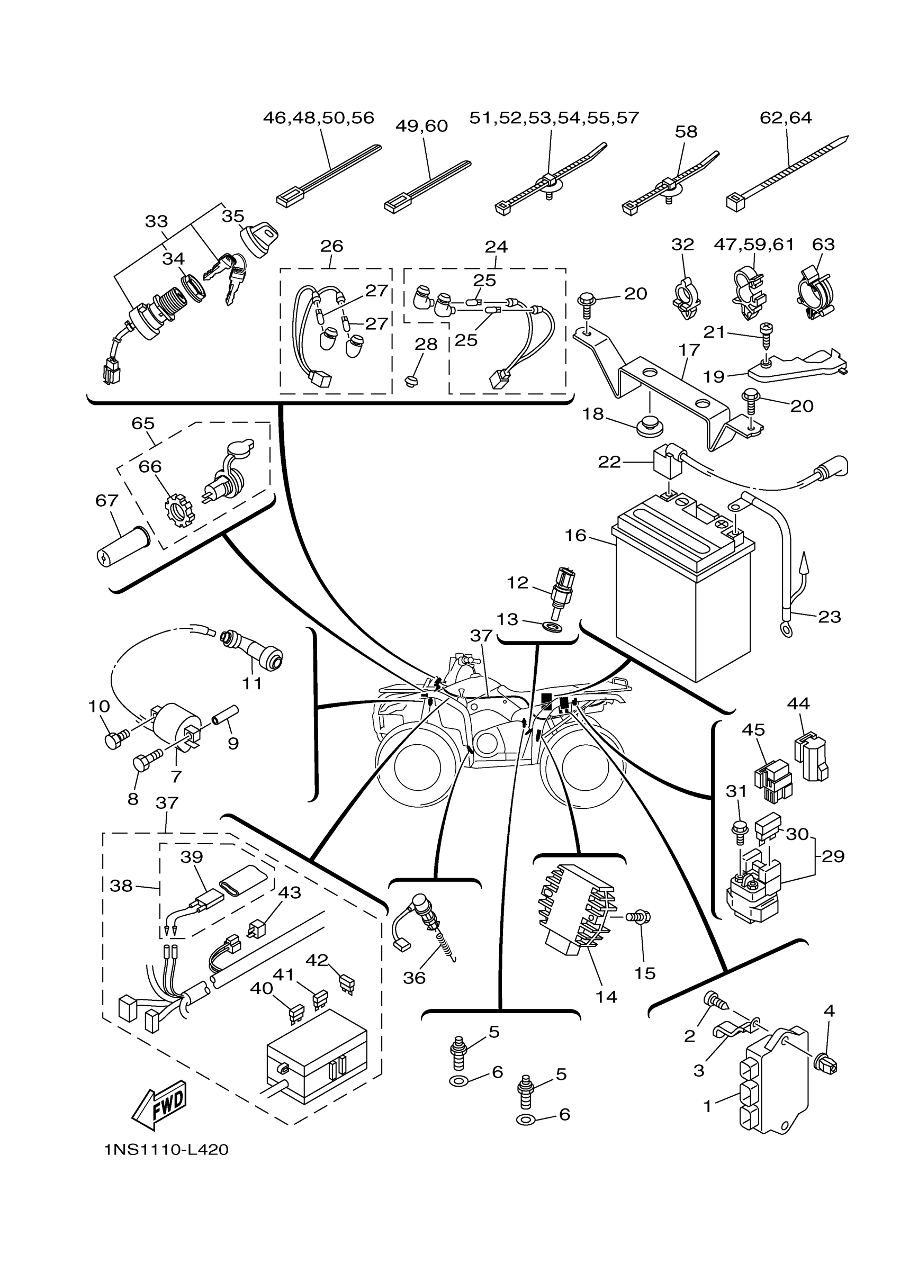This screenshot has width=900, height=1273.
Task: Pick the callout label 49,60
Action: coord(421,127)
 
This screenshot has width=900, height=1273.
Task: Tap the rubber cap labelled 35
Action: coord(258,238)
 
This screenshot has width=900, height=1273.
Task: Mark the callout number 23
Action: coord(830,617)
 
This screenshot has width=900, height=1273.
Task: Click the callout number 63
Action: coord(823,245)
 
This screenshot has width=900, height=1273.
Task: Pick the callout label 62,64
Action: coord(785,118)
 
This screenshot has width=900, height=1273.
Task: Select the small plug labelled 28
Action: coord(411,382)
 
